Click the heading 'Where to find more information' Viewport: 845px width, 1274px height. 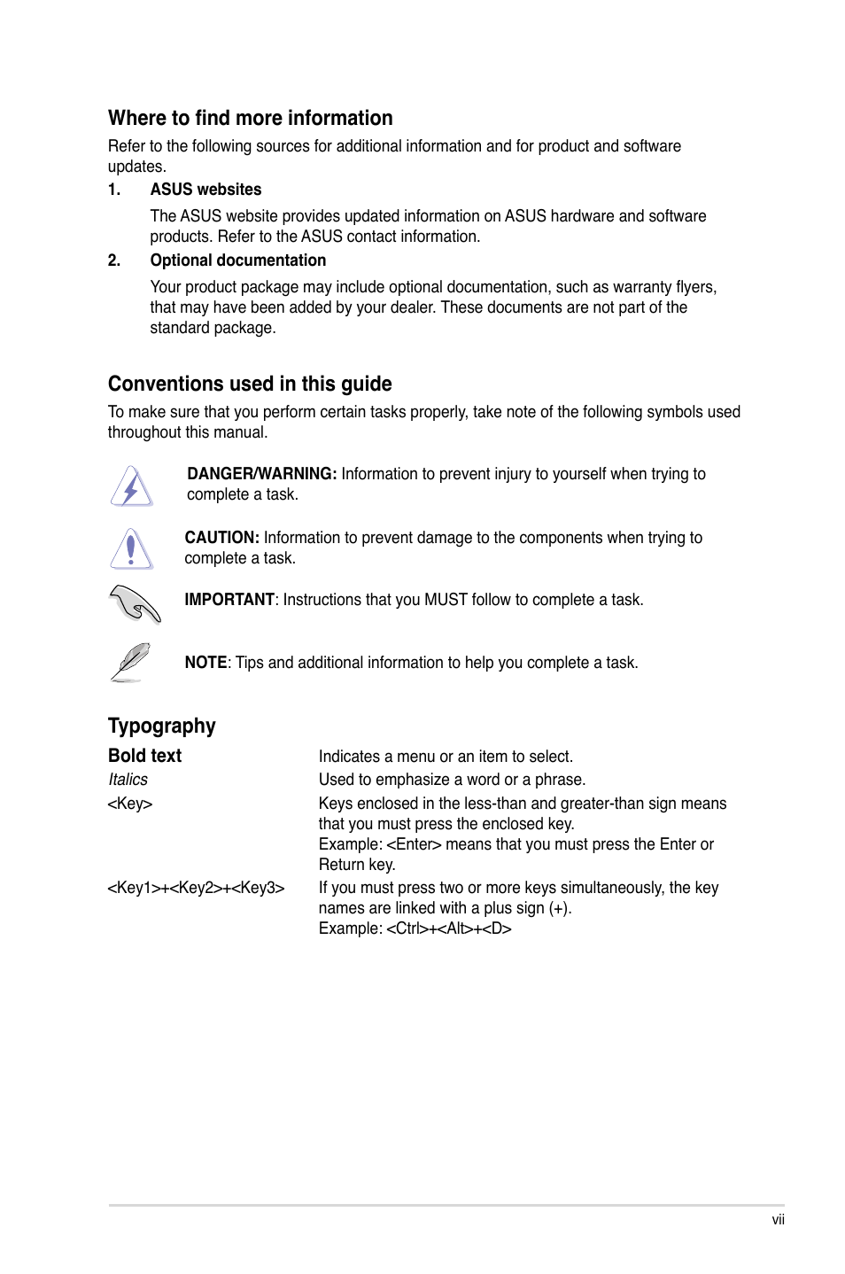[250, 118]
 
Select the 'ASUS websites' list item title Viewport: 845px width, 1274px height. [205, 190]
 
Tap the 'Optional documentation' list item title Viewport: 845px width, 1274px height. [237, 260]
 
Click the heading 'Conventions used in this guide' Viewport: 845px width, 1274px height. [250, 384]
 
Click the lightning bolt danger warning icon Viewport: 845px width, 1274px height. [132, 486]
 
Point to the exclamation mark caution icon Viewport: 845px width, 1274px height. [131, 548]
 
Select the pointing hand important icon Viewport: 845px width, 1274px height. [135, 604]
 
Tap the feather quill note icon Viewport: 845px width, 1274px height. [131, 662]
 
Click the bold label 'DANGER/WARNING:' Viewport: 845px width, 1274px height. [261, 474]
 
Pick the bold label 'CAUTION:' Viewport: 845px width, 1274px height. [221, 538]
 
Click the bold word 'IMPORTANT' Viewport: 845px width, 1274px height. [229, 600]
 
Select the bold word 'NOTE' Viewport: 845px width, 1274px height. [205, 663]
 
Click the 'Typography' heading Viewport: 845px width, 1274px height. [161, 726]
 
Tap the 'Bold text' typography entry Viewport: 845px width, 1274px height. [144, 756]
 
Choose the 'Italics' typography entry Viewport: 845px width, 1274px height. [128, 780]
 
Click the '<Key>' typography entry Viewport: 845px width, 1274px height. [129, 804]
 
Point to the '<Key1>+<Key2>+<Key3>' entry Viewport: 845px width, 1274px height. [196, 888]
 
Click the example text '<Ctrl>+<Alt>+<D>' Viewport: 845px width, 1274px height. [448, 928]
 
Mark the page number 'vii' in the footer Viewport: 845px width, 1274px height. [778, 1220]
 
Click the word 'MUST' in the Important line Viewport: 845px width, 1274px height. [446, 600]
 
